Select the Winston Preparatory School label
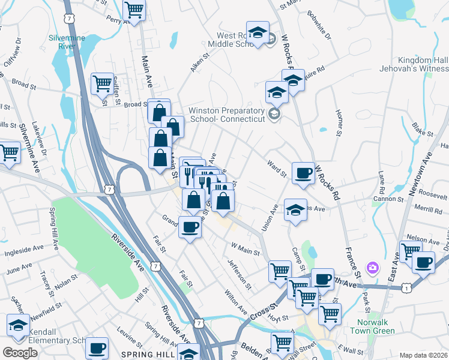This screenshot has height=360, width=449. pyautogui.click(x=227, y=115)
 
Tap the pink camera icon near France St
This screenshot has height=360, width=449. pyautogui.click(x=373, y=266)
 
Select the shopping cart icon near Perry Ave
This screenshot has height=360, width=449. pyautogui.click(x=134, y=10)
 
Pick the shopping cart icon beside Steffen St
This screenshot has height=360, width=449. pyautogui.click(x=102, y=83)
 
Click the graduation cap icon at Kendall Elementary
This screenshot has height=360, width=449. pyautogui.click(x=18, y=326)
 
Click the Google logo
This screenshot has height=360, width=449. pyautogui.click(x=20, y=353)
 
